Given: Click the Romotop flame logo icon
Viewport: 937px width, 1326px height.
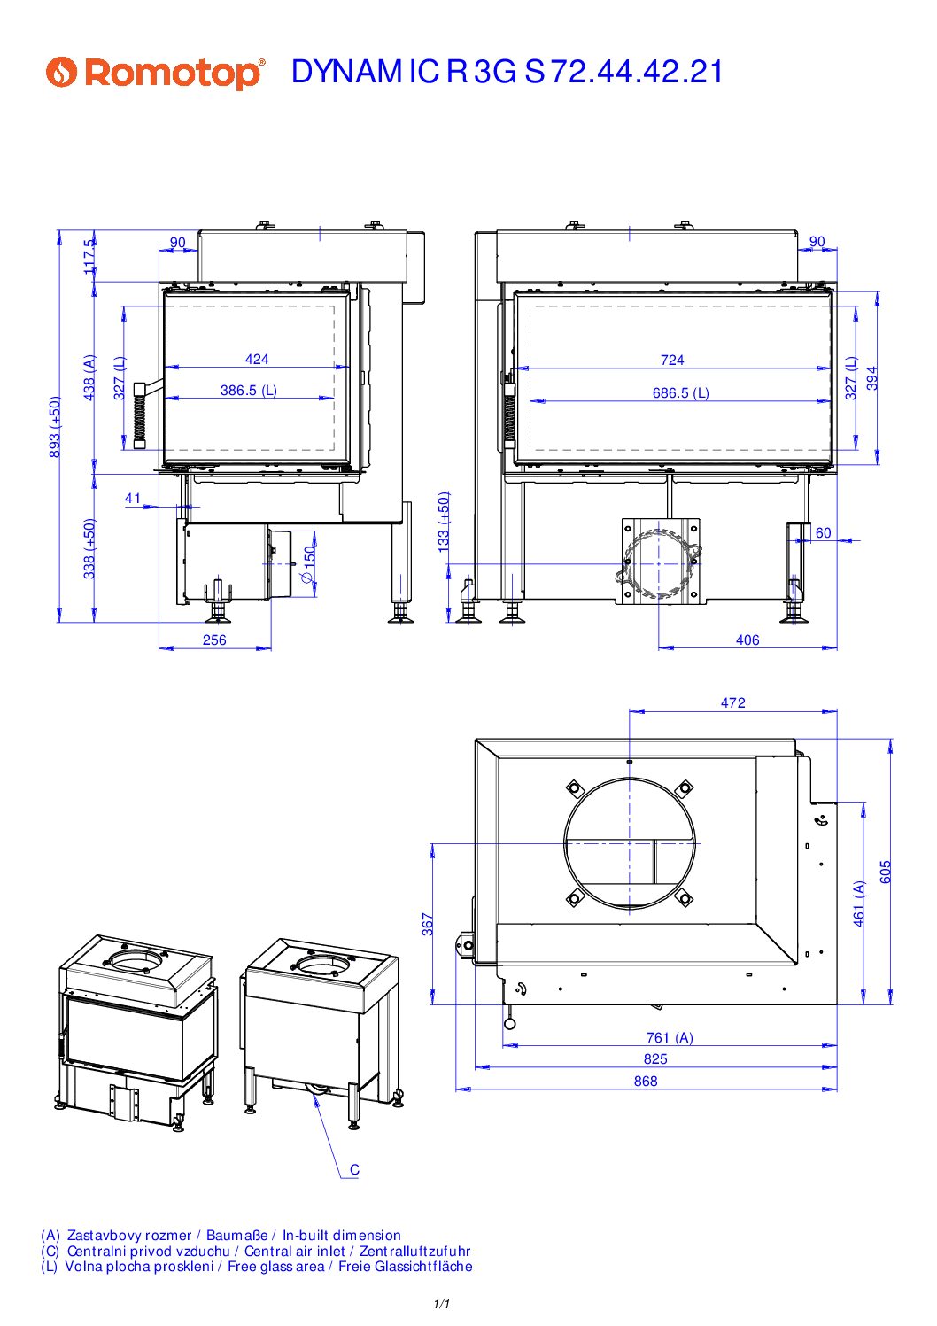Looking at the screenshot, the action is [x=62, y=73].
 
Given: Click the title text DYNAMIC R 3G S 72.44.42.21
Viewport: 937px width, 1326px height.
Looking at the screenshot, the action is [x=507, y=73].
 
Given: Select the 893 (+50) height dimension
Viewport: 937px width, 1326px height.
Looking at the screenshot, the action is [x=54, y=427].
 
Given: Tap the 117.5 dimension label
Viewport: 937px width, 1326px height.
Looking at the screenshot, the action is [x=89, y=256].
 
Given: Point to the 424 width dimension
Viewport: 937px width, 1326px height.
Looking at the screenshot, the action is [x=257, y=359].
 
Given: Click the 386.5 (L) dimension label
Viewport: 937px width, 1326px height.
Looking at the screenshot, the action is [x=249, y=390].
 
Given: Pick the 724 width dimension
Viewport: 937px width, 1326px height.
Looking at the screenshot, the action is [x=672, y=360].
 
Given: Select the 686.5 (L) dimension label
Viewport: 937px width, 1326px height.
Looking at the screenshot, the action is [x=681, y=392].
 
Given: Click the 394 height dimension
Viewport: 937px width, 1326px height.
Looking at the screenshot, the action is [x=871, y=378].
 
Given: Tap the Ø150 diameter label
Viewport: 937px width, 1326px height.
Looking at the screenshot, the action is [x=309, y=564].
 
